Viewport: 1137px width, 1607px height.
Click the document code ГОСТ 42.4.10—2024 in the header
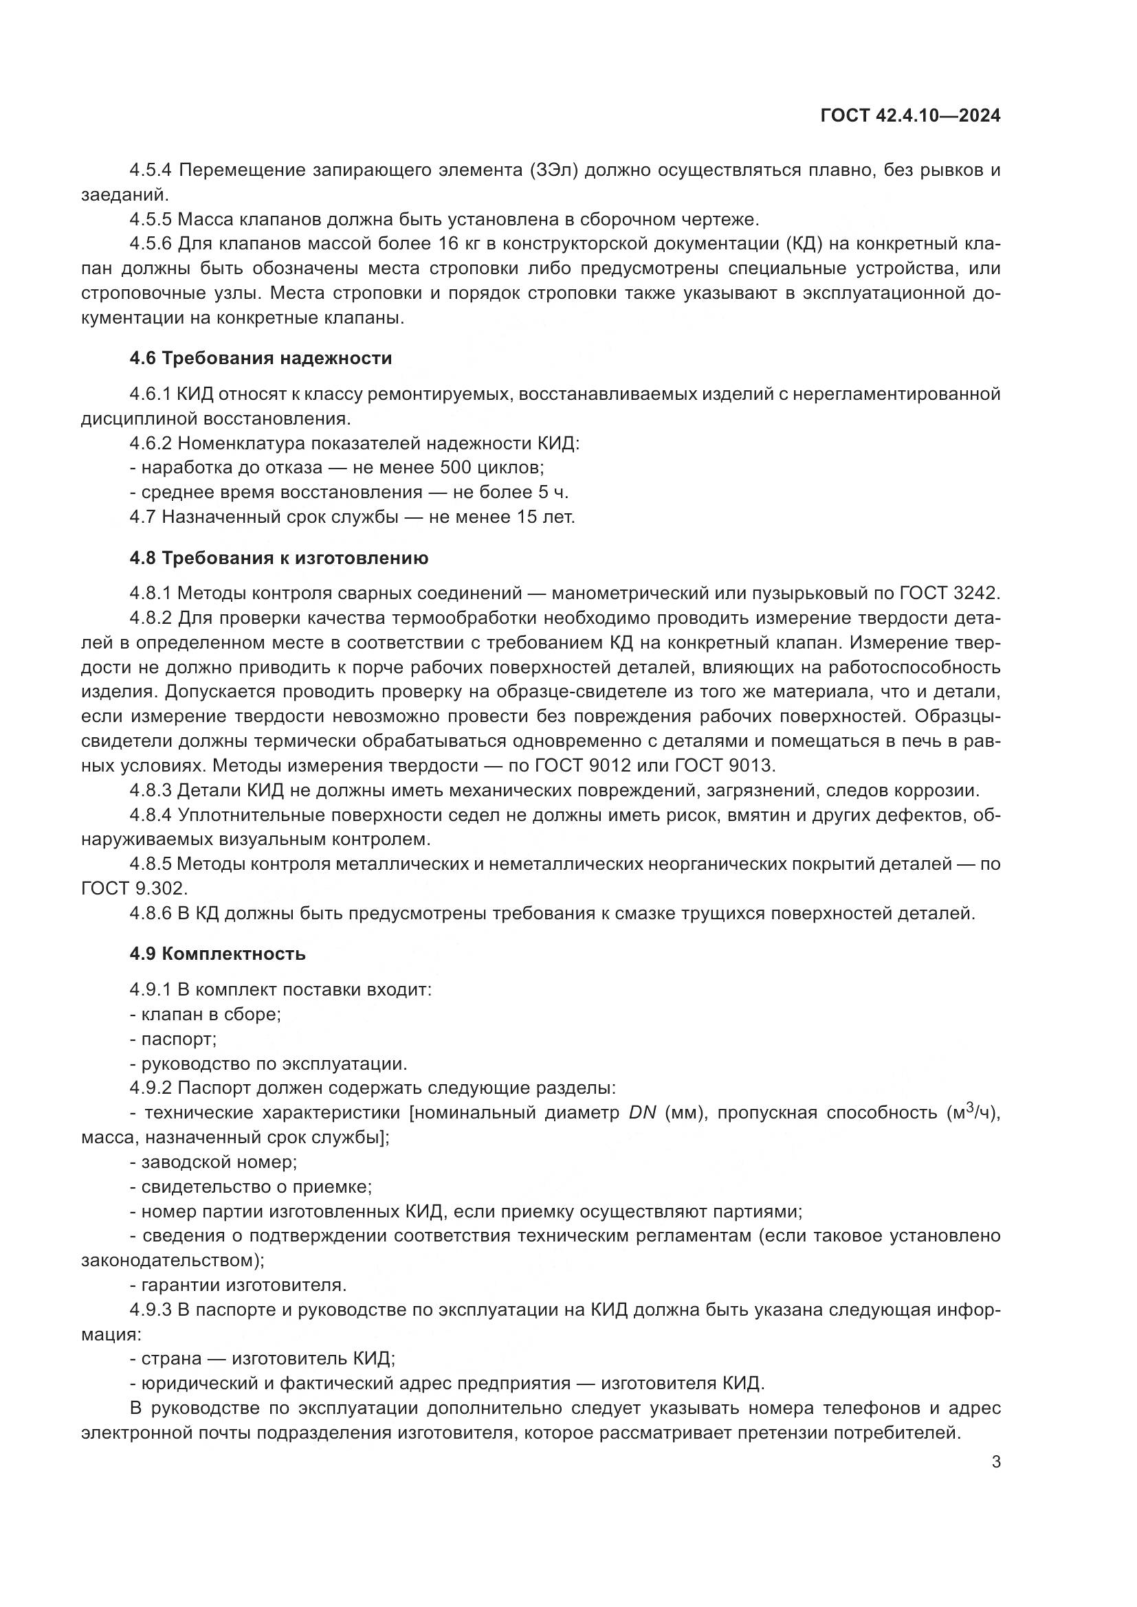pyautogui.click(x=909, y=116)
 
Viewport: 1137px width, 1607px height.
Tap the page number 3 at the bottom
pyautogui.click(x=995, y=1462)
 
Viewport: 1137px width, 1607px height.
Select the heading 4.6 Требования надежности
pyautogui.click(x=261, y=359)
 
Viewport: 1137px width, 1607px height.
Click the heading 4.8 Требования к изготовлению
pyautogui.click(x=278, y=559)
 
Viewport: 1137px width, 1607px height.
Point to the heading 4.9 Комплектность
pyautogui.click(x=217, y=954)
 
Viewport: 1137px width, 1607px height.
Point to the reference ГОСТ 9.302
pyautogui.click(x=134, y=889)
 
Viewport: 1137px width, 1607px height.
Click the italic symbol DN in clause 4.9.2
pyautogui.click(x=642, y=1113)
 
